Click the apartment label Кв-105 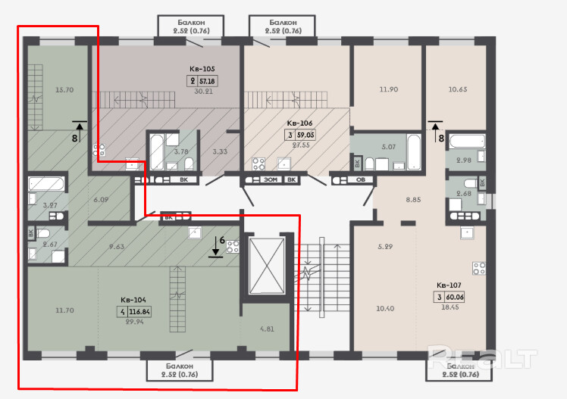click(x=202, y=69)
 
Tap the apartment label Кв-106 click(x=299, y=123)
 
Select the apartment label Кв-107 click(x=449, y=285)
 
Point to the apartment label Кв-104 click(x=133, y=300)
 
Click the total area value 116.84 click(x=139, y=312)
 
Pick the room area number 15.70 click(x=64, y=89)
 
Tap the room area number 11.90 click(x=388, y=89)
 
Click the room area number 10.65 click(x=457, y=89)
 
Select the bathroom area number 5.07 click(x=388, y=147)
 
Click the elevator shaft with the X click(x=267, y=266)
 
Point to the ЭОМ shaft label click(x=271, y=179)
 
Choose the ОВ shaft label click(x=361, y=179)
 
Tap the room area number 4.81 click(x=267, y=329)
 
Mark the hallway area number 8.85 click(x=413, y=199)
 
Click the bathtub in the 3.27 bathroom click(x=46, y=184)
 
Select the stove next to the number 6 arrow click(x=233, y=247)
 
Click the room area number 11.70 click(x=64, y=310)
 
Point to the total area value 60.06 click(x=455, y=298)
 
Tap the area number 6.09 click(x=101, y=199)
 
